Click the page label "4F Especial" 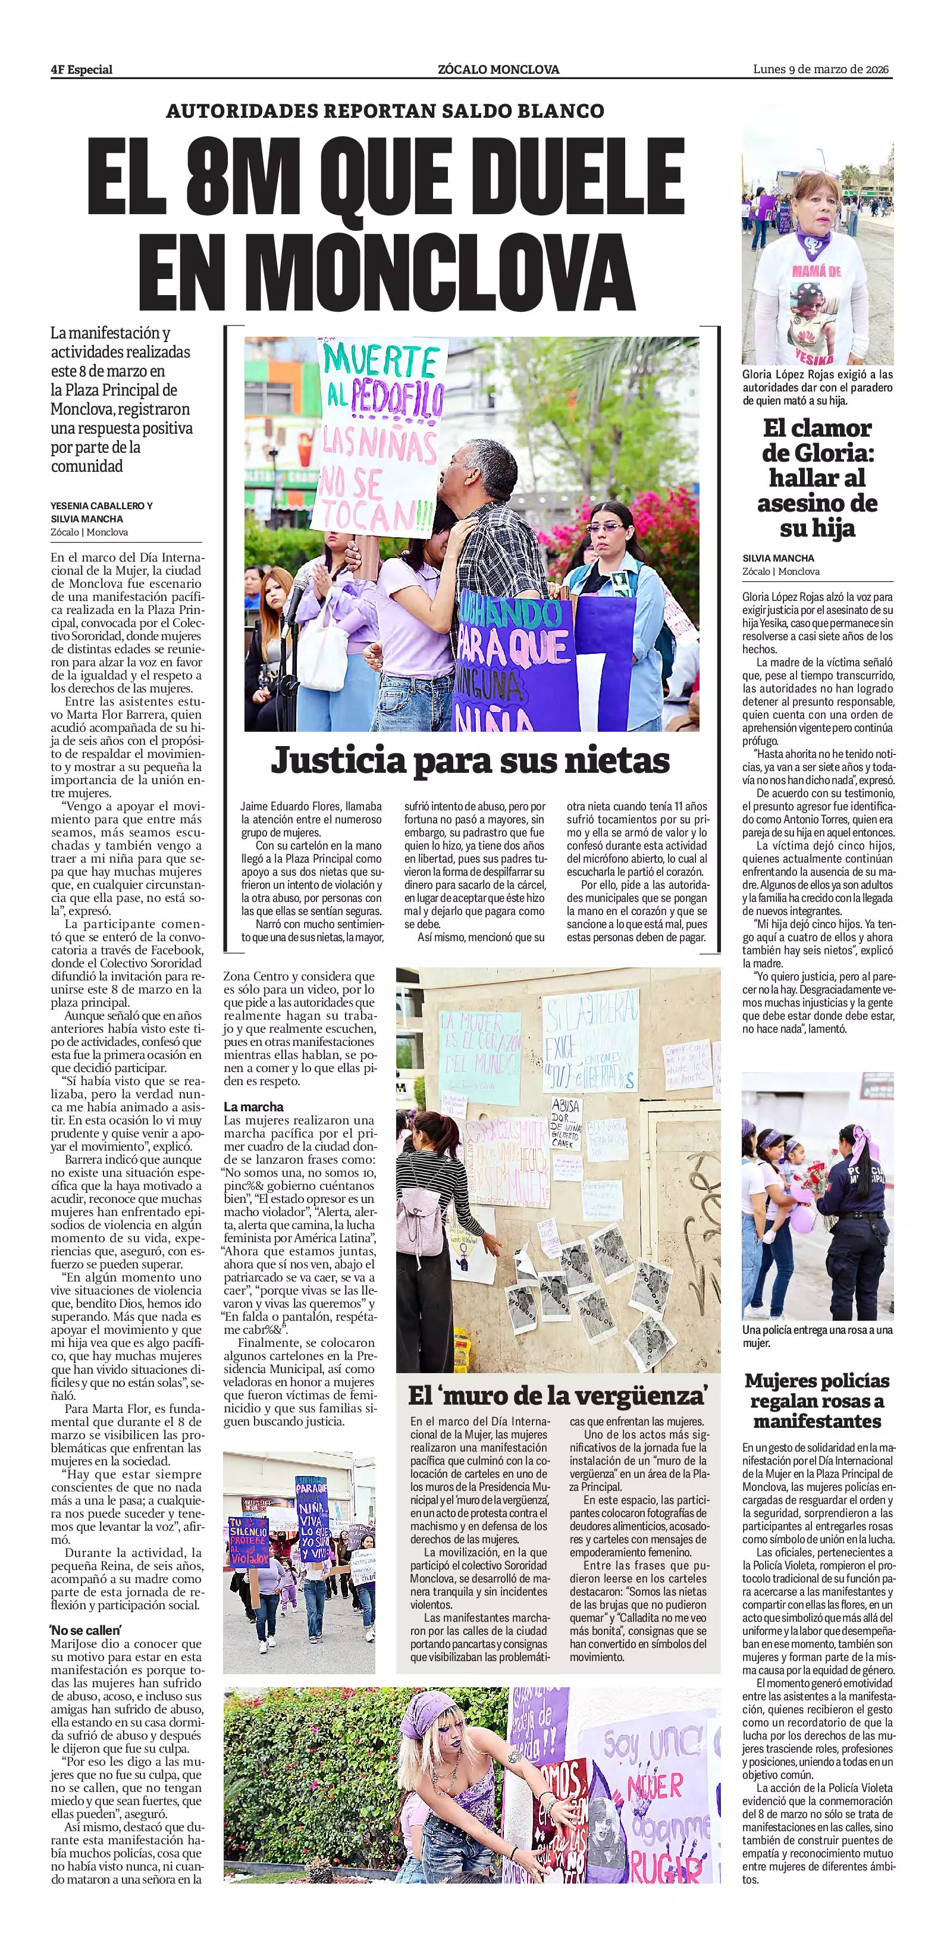[81, 70]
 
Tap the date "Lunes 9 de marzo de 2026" [821, 69]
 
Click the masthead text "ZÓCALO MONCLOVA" [498, 70]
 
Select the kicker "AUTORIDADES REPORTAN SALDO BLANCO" [385, 111]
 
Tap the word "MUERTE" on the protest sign [381, 361]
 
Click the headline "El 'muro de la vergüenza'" [558, 1394]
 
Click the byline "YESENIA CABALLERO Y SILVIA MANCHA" [101, 512]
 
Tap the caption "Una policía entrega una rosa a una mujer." [817, 1336]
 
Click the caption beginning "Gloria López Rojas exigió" [817, 387]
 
